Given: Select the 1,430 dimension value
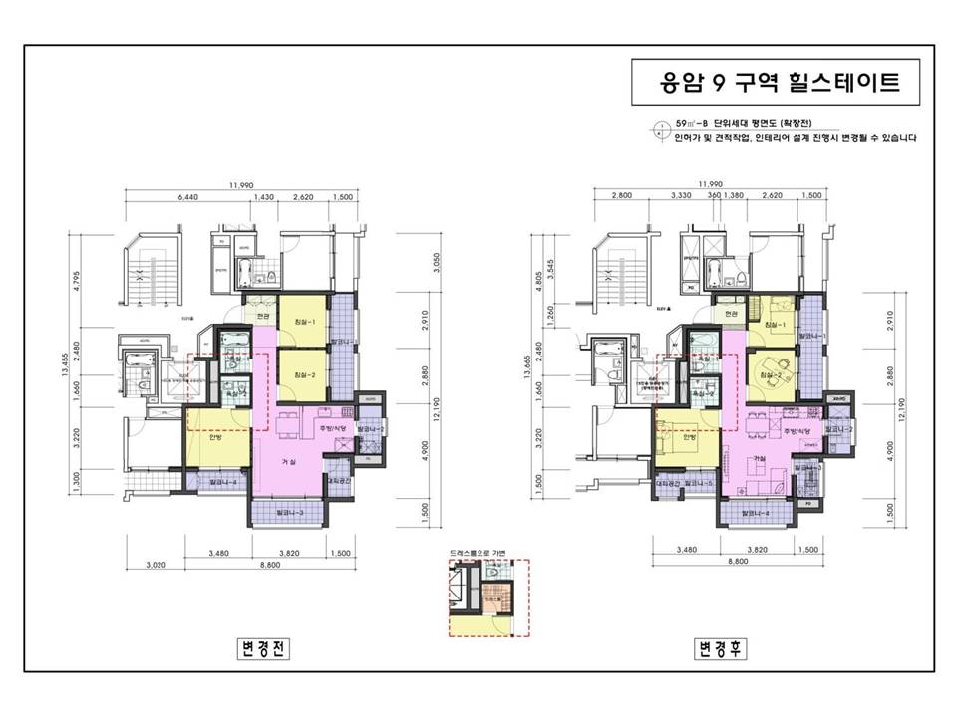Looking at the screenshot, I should pyautogui.click(x=264, y=197).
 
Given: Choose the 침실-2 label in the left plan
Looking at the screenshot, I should pyautogui.click(x=304, y=374).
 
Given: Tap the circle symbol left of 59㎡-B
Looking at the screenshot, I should pyautogui.click(x=660, y=125).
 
